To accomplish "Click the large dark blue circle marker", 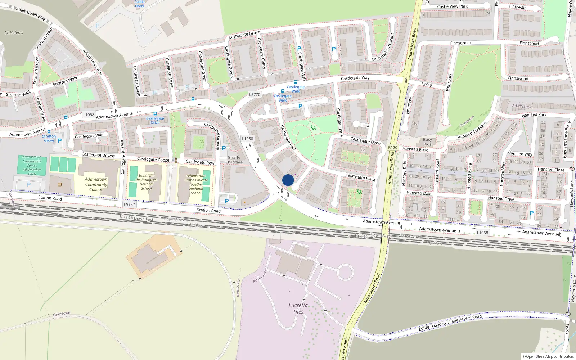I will pyautogui.click(x=288, y=180).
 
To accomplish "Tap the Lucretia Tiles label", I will pyautogui.click(x=298, y=309).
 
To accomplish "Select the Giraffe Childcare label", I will pyautogui.click(x=234, y=160).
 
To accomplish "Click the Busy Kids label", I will pyautogui.click(x=427, y=142).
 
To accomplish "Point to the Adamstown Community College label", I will pyautogui.click(x=96, y=184).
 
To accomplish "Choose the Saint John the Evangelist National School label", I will pyautogui.click(x=147, y=182).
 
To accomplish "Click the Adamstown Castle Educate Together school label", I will pyautogui.click(x=196, y=184).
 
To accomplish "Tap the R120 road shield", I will pyautogui.click(x=393, y=148).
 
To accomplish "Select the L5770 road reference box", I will pyautogui.click(x=255, y=95).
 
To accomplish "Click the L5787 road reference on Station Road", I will pyautogui.click(x=129, y=204).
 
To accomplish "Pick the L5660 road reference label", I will pyautogui.click(x=427, y=85).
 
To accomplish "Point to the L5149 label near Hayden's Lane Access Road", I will pyautogui.click(x=424, y=328).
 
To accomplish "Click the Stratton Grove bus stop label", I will pyautogui.click(x=49, y=138).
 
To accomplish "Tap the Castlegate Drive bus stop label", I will pyautogui.click(x=155, y=121).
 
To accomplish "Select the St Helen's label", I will pyautogui.click(x=14, y=33).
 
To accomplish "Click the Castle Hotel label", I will pyautogui.click(x=139, y=4).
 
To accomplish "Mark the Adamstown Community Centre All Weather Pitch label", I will pyautogui.click(x=32, y=166).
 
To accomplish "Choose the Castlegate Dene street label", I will pyautogui.click(x=365, y=141).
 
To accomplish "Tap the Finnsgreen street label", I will pyautogui.click(x=460, y=43).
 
